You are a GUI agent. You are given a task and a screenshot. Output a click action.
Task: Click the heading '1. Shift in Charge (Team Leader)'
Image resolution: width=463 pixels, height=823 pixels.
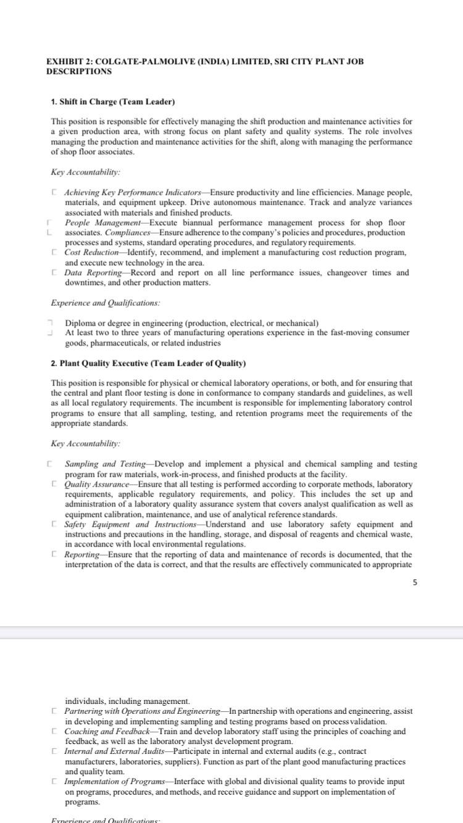[113, 102]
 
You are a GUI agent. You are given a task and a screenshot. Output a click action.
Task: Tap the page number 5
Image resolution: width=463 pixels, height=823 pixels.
[415, 582]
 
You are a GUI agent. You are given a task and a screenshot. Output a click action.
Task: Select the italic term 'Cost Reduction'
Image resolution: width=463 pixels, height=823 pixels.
[91, 253]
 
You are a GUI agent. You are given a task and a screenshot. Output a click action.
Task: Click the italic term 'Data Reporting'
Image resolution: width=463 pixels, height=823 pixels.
[91, 273]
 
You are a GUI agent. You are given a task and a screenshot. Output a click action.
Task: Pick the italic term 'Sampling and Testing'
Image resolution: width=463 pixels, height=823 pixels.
[105, 464]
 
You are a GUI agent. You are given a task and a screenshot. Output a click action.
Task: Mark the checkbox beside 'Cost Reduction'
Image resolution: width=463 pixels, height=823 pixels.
[55, 253]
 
